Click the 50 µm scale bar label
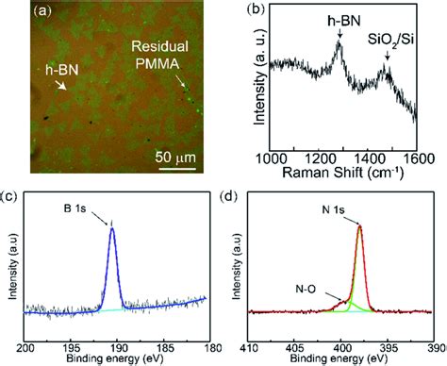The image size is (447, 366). tap(174, 155)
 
